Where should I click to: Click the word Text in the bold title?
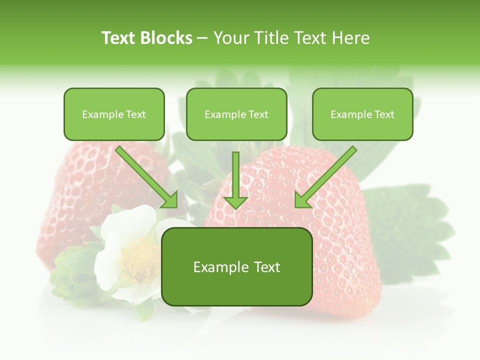click(118, 38)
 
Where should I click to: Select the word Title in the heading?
click(270, 38)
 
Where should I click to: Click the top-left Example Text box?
click(114, 114)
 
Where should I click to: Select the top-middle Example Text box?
click(236, 114)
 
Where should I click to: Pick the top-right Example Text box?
click(362, 114)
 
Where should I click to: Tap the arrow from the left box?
click(148, 178)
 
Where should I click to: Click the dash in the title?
click(203, 38)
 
